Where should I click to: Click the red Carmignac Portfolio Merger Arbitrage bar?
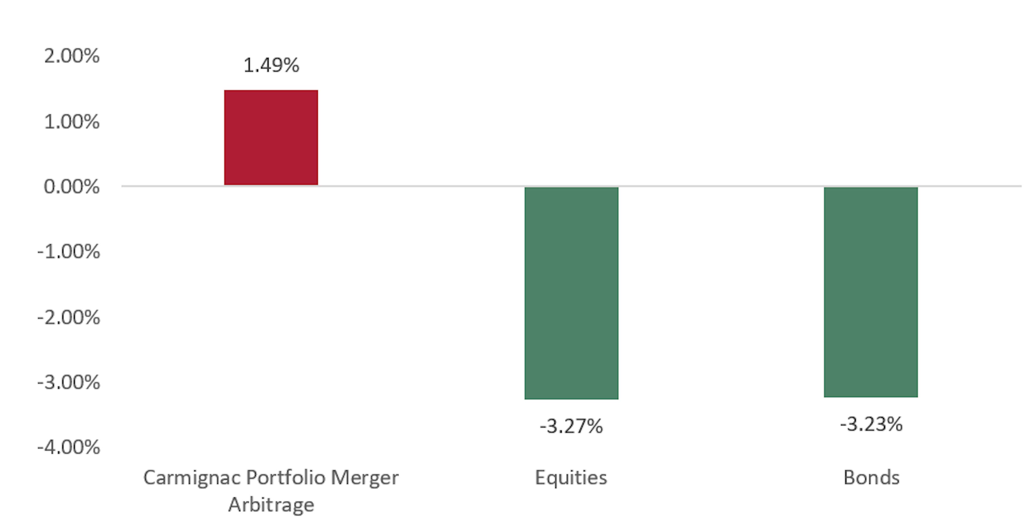pyautogui.click(x=271, y=137)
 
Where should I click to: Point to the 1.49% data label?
pyautogui.click(x=271, y=65)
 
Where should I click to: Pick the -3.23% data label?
pyautogui.click(x=871, y=424)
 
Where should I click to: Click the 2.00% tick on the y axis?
pyautogui.click(x=72, y=56)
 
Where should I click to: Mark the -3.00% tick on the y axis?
pyautogui.click(x=69, y=382)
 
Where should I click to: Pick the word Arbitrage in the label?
pyautogui.click(x=271, y=505)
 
